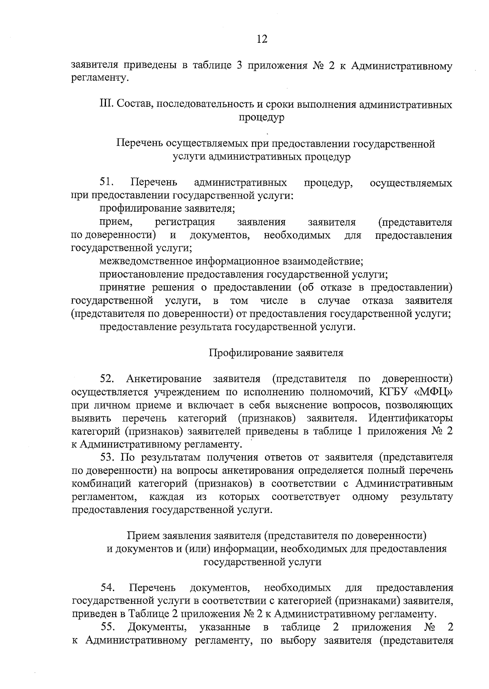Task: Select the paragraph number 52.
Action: click(107, 379)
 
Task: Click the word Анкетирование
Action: click(164, 379)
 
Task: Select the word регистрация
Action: click(185, 222)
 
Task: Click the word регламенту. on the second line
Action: click(100, 78)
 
